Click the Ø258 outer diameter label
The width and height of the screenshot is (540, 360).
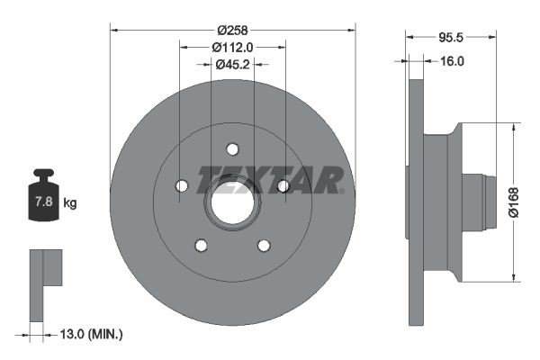pyautogui.click(x=232, y=16)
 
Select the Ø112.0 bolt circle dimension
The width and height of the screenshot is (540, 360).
pyautogui.click(x=232, y=47)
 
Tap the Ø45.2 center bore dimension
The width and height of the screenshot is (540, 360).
pyautogui.click(x=232, y=64)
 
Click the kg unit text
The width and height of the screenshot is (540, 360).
pyautogui.click(x=70, y=203)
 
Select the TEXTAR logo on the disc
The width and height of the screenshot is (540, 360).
pyautogui.click(x=270, y=179)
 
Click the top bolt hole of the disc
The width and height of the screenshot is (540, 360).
pyautogui.click(x=232, y=148)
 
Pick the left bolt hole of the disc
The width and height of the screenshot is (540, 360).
pyautogui.click(x=181, y=185)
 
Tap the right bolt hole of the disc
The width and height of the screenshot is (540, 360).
pyautogui.click(x=283, y=185)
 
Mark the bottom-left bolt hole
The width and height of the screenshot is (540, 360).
pyautogui.click(x=201, y=245)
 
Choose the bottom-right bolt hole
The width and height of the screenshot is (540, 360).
pyautogui.click(x=264, y=245)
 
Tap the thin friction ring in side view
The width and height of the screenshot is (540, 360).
pyautogui.click(x=415, y=202)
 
